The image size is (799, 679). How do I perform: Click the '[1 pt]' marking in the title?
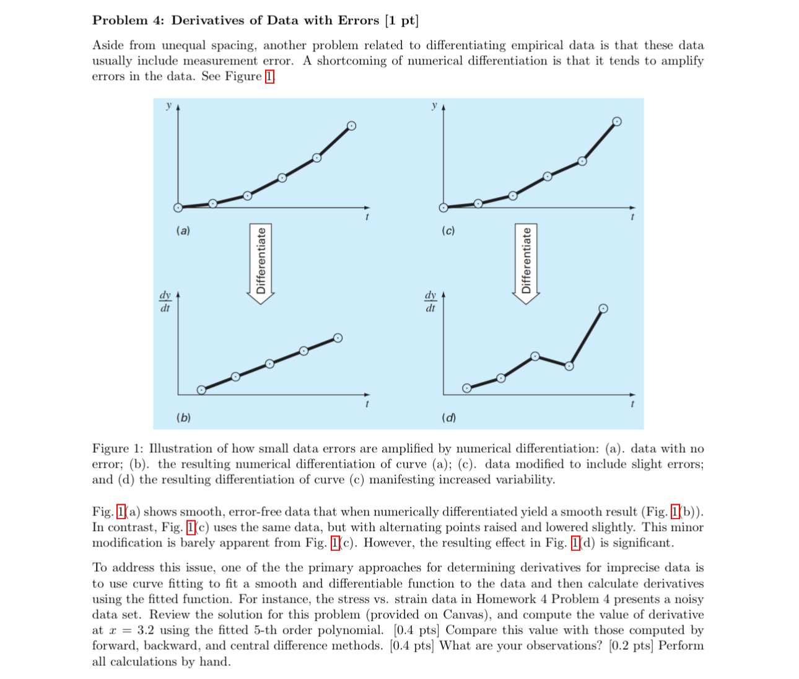pyautogui.click(x=401, y=20)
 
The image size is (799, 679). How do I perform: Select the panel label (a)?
pyautogui.click(x=183, y=230)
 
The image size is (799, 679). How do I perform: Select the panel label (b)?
pyautogui.click(x=183, y=418)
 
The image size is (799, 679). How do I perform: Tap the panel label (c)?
pyautogui.click(x=448, y=230)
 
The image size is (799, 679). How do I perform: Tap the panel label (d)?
pyautogui.click(x=448, y=418)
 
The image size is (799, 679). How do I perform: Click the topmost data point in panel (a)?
pyautogui.click(x=351, y=126)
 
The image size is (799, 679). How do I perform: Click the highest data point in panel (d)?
pyautogui.click(x=603, y=309)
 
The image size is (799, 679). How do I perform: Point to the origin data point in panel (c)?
pyautogui.click(x=443, y=208)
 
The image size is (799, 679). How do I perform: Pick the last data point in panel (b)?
pyautogui.click(x=338, y=338)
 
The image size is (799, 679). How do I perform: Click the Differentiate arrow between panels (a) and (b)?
pyautogui.click(x=261, y=263)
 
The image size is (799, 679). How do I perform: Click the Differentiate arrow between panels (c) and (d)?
pyautogui.click(x=526, y=263)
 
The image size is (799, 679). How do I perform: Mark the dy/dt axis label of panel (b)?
pyautogui.click(x=165, y=302)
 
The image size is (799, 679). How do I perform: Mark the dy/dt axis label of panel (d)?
pyautogui.click(x=430, y=302)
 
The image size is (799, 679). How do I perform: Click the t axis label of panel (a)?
pyautogui.click(x=367, y=217)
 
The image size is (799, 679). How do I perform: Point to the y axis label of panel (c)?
pyautogui.click(x=434, y=106)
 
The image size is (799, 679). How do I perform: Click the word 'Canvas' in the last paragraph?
pyautogui.click(x=466, y=615)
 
